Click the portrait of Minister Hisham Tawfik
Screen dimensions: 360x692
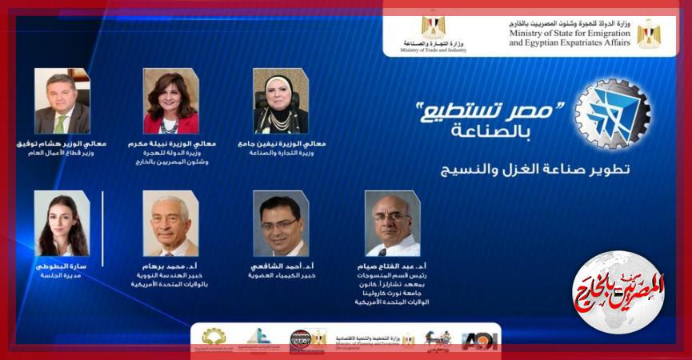tap(62, 101)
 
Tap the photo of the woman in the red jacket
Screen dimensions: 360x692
tap(170, 101)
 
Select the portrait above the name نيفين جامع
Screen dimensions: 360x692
tap(280, 101)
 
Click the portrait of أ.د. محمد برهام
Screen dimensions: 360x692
tap(170, 223)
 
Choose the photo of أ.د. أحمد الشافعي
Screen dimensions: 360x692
tap(280, 223)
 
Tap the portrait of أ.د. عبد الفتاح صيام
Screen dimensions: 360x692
tap(392, 223)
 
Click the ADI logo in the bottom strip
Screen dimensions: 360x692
tap(480, 341)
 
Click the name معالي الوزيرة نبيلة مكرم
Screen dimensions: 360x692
tap(170, 144)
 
